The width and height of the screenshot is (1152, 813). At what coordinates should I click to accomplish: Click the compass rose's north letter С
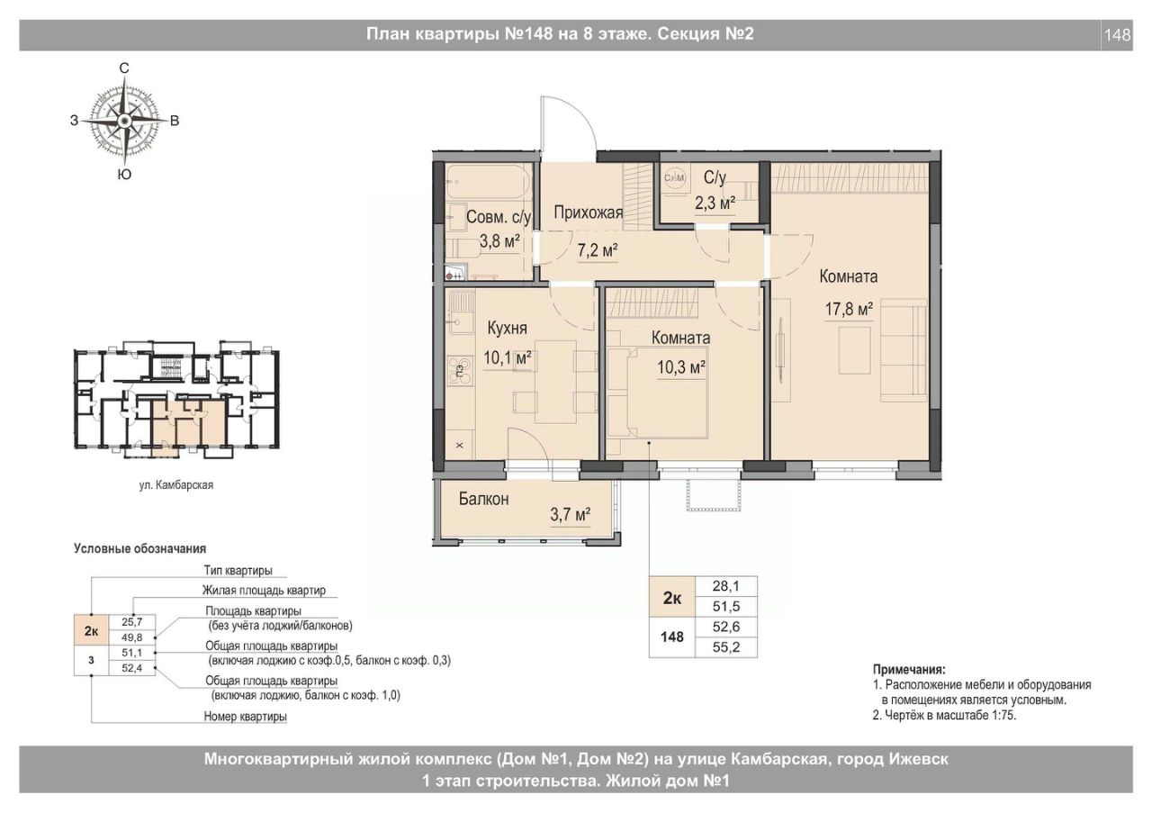coord(124,68)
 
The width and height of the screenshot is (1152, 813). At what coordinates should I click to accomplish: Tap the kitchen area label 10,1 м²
coord(508,357)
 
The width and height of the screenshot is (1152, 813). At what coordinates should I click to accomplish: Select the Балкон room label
coord(484,499)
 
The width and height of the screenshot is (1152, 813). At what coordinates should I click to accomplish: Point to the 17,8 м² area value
coord(849,309)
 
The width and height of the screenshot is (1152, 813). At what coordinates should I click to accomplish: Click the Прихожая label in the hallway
coord(589,212)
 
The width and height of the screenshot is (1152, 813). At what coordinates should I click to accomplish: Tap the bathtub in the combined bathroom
coord(488,182)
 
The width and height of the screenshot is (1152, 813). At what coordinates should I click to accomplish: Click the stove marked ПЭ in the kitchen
coord(460,371)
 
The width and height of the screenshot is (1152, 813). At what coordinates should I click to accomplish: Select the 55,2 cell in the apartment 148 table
coord(726,647)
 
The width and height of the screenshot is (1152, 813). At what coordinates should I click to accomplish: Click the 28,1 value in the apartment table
coord(726,585)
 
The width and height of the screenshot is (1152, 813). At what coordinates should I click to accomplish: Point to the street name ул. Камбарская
coord(175,484)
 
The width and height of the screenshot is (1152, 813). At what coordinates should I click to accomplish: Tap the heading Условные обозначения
coord(139,548)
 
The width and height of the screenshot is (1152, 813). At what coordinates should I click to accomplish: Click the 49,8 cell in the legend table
coord(132,637)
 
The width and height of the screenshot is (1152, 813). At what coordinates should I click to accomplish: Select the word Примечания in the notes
coord(909,670)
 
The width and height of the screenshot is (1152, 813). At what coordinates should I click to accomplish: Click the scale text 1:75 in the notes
coord(1003,715)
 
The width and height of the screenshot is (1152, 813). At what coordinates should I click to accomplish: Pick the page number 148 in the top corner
coord(1118,34)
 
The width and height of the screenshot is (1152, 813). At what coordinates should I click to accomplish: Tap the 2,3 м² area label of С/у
coord(715,203)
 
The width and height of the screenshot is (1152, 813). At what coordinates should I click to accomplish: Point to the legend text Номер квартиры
coord(246,716)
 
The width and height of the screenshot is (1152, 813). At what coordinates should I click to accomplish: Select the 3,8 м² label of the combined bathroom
coord(499,240)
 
